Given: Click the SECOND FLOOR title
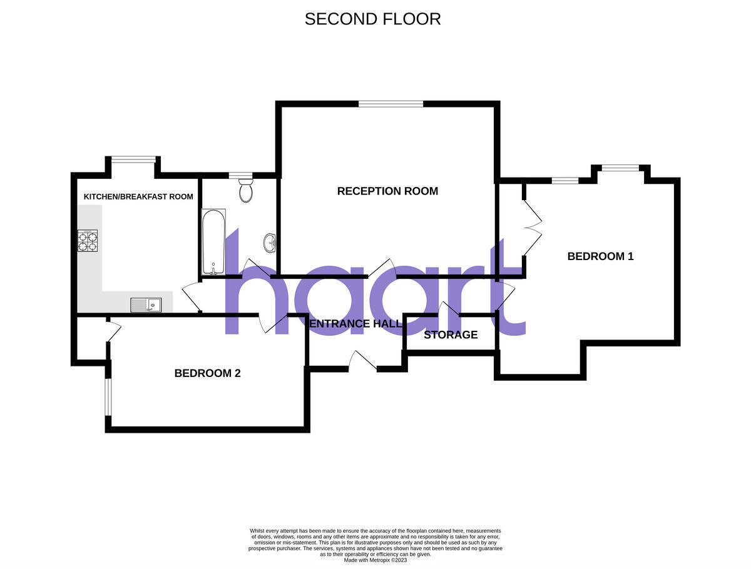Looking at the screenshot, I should point(372,19).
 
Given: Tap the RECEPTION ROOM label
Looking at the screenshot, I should point(387,191).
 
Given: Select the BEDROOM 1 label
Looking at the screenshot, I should point(600,256).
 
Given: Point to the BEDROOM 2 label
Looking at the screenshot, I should point(207,373).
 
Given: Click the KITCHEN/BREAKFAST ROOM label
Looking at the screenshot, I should point(138,196).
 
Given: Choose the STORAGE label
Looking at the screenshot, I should point(451,335).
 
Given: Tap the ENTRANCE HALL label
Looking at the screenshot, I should point(355,323).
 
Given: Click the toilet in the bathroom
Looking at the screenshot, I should point(246,190).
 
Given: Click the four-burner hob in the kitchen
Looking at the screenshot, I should point(88,241).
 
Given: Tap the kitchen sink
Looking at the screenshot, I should point(146,305).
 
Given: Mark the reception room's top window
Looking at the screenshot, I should point(391,104).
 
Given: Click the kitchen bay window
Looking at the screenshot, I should point(133,159).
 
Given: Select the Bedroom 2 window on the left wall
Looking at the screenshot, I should point(108,397).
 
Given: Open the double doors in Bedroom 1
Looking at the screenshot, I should point(532,228).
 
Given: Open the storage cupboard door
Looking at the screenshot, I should point(448,309).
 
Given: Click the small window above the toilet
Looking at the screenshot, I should point(240,176).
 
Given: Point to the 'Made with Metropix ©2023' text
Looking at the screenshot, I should point(375,560).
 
